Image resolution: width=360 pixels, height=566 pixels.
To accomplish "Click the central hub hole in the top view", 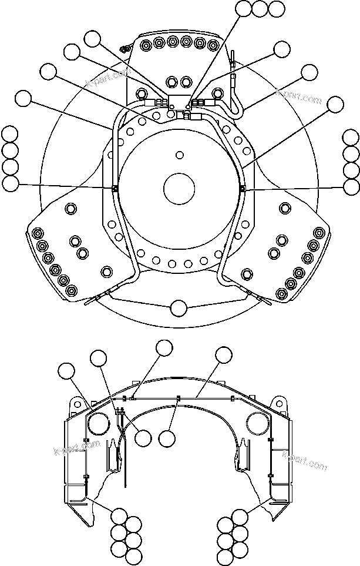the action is [179, 189].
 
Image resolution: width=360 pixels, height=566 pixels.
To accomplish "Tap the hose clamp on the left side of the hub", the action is [115, 189].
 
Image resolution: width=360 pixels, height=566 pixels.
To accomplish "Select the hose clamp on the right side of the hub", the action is [243, 189].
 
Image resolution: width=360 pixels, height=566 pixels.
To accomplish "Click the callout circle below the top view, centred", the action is [179, 307].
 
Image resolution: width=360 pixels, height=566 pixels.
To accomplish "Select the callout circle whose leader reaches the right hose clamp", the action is [351, 187].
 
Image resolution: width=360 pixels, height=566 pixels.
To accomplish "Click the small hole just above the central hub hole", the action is [179, 155].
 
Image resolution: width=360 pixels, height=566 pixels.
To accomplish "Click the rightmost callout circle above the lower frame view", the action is [224, 355].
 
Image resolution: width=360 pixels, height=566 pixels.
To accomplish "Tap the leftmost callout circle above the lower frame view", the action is [67, 371].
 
